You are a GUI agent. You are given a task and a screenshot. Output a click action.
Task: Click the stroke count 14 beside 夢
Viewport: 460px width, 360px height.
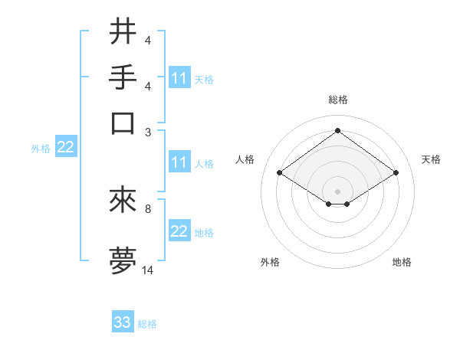pos(148,270)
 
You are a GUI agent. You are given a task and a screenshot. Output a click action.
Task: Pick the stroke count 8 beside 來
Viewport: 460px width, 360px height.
pos(148,208)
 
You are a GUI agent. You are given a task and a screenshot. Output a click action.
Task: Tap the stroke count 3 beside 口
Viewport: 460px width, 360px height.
pos(148,131)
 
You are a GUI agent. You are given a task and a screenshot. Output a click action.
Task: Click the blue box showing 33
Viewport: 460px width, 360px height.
pos(123,322)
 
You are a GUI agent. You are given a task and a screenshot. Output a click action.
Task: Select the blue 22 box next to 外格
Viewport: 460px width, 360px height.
pos(65,148)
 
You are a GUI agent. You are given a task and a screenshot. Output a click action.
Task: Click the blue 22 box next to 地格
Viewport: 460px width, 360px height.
pos(179,232)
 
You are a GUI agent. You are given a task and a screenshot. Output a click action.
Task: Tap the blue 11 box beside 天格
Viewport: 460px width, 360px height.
pos(179,78)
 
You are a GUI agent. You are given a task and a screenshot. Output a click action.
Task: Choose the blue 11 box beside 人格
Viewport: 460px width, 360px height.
pos(179,162)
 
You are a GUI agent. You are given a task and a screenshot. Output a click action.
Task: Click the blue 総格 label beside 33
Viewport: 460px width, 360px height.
pos(147,324)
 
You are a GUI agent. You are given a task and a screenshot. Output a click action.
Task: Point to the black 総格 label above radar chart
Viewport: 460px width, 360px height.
pos(337,100)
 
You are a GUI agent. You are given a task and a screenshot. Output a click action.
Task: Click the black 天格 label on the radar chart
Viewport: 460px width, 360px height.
pos(431,159)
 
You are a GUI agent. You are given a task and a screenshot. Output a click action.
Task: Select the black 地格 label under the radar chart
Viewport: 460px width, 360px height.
pos(402,262)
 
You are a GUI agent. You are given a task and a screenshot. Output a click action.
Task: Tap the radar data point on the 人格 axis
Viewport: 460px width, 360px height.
pos(280,173)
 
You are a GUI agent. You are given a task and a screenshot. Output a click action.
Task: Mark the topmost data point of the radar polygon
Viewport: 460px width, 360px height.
pos(337,131)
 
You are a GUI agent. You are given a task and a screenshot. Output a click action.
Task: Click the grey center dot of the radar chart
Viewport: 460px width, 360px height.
pos(337,190)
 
